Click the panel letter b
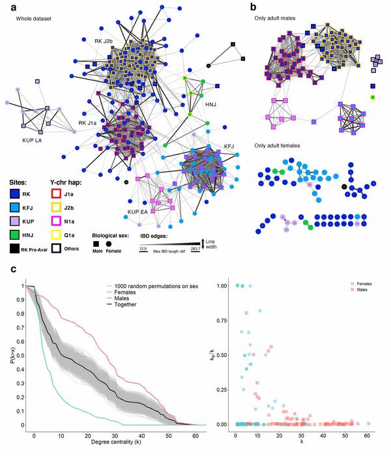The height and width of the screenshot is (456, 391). (x=254, y=6)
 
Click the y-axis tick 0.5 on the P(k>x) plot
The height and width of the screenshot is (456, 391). (x=23, y=356)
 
